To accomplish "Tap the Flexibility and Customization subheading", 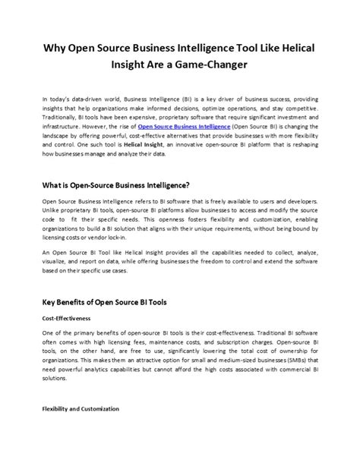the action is [x=81, y=409].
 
